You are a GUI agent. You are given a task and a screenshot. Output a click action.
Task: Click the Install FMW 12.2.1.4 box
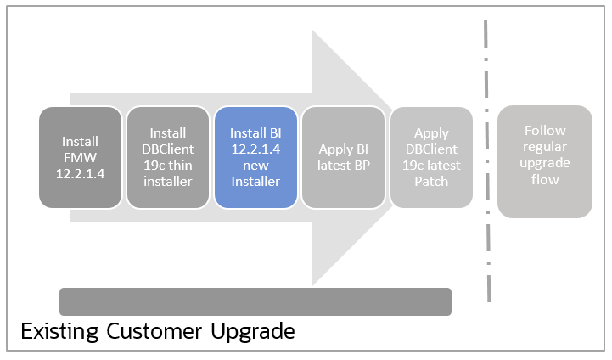coord(80,157)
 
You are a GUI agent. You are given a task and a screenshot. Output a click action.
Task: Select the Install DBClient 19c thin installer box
coord(167,157)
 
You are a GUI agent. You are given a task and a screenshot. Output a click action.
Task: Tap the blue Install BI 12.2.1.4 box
coord(255,157)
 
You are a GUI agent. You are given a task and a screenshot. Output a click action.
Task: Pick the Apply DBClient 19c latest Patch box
coord(431,157)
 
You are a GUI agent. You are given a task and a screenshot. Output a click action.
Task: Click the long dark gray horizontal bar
coord(255,301)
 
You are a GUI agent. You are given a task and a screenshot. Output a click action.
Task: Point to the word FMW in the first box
coord(81,156)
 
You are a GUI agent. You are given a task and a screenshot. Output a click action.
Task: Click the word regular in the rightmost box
coord(545,147)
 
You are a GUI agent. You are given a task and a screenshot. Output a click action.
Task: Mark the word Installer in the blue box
coord(255,181)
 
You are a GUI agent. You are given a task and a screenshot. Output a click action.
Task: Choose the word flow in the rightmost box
coord(545,179)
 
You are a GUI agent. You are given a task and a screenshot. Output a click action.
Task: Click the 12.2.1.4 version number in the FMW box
coord(80,172)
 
